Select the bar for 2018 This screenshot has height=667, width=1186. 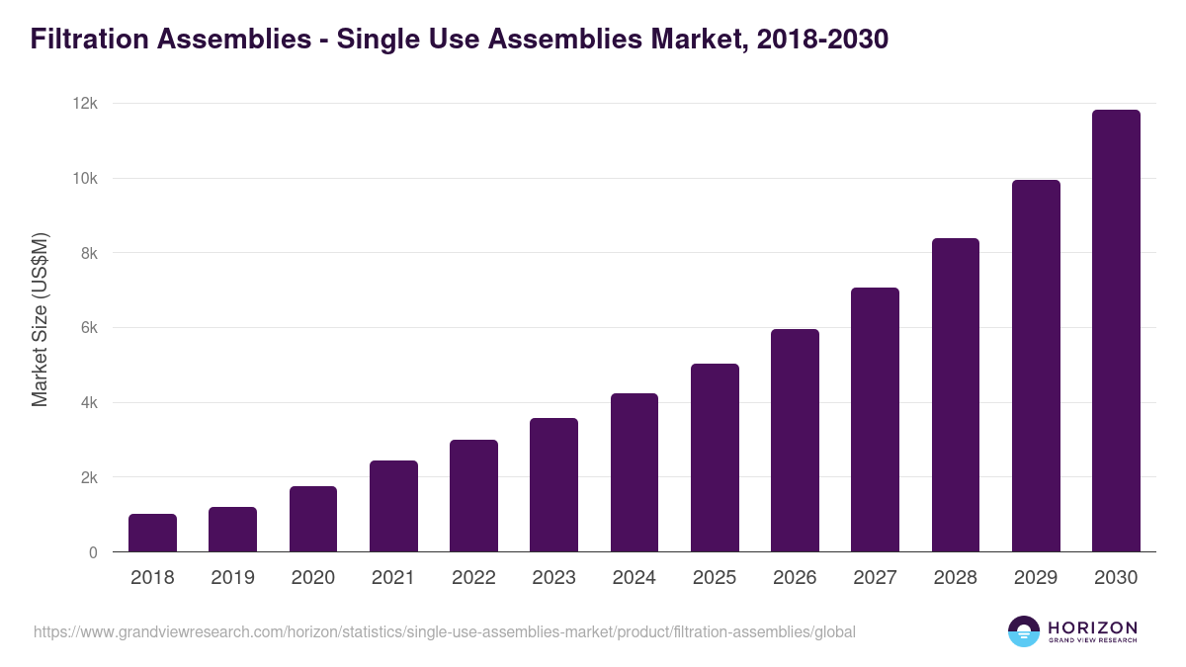152,533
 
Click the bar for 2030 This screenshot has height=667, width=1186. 1116,331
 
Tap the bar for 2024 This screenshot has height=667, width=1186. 635,472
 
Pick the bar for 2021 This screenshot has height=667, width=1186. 393,506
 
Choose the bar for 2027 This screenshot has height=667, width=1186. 876,420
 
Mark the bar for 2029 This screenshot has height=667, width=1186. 1036,366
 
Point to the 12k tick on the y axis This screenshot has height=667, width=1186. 86,104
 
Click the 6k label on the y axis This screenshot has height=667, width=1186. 88,328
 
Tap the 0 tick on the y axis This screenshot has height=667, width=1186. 93,552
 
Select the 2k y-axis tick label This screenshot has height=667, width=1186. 88,478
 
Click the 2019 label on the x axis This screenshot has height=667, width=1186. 232,578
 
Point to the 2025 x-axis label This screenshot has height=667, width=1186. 715,578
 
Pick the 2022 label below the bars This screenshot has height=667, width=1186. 473,578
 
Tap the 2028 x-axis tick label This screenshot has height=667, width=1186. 956,578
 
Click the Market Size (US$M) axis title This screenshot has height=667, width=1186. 40,319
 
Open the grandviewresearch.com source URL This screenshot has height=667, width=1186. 445,631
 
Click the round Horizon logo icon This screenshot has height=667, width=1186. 1023,631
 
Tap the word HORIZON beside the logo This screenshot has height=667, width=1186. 1091,626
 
